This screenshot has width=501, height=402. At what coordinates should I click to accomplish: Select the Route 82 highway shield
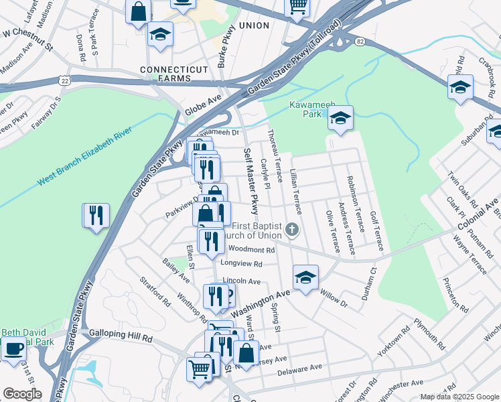(360, 42)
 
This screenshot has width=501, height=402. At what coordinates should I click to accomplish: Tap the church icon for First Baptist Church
(291, 230)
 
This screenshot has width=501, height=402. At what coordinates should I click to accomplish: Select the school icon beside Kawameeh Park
(340, 118)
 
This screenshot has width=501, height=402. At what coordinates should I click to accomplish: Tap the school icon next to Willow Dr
(305, 277)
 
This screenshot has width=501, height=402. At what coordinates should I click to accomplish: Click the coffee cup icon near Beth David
(13, 348)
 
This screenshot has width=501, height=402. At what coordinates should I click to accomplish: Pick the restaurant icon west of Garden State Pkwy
(96, 215)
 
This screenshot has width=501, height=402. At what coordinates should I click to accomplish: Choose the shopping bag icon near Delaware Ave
(246, 352)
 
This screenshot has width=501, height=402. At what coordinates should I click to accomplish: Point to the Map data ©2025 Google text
(459, 397)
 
